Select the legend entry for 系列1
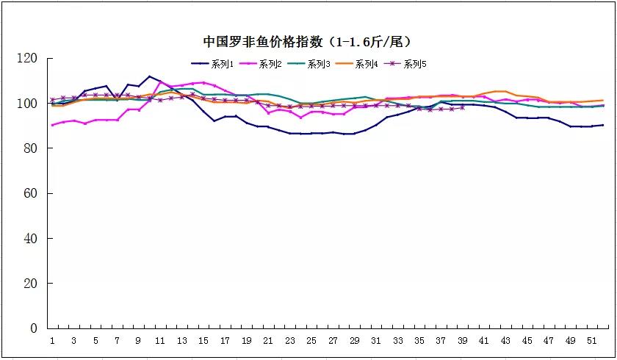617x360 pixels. (213, 64)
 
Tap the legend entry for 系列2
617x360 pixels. (261, 64)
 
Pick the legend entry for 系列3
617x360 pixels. (309, 64)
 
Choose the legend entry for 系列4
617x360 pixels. (357, 64)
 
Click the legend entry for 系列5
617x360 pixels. (405, 64)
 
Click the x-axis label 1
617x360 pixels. (53, 341)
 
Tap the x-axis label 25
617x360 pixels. (311, 341)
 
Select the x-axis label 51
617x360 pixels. (591, 341)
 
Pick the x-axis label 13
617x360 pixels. (182, 341)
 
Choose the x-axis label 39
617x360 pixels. (462, 341)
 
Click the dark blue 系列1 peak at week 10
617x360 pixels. (150, 76)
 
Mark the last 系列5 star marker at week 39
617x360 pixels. (462, 108)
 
